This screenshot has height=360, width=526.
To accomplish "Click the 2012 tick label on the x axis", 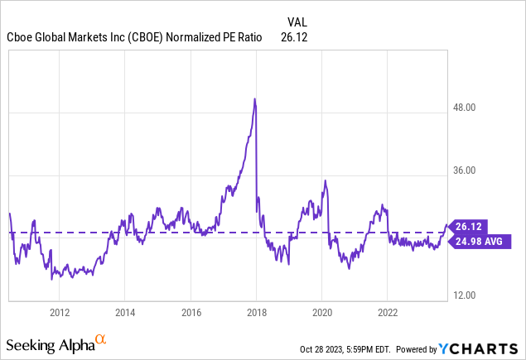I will coord(59,312).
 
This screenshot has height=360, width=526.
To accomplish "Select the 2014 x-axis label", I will coord(124,312).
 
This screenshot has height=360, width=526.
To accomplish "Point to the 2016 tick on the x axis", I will coord(191,312).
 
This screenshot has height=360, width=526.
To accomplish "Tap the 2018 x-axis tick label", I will coord(256,312).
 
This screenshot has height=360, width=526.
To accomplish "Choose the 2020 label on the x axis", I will coord(322,312).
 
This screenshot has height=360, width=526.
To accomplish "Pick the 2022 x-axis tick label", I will coord(388,312).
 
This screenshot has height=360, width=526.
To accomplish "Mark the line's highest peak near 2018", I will coord(254,99).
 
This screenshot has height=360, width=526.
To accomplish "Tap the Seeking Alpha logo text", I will coord(49,344).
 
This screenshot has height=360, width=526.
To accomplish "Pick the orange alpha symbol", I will coord(101,338).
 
